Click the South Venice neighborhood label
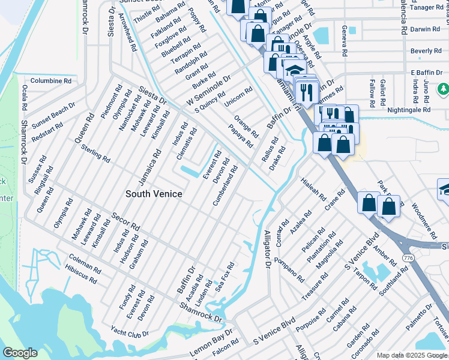point(154,194)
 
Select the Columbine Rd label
point(51,80)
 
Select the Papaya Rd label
point(241,137)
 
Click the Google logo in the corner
point(20,353)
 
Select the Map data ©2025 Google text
point(412,355)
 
